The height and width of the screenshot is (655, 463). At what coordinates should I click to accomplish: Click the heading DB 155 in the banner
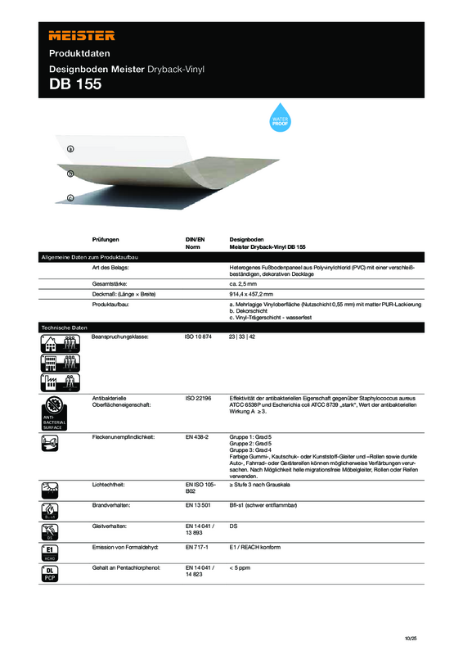pyautogui.click(x=76, y=84)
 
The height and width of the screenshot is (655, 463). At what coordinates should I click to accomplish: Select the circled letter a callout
pyautogui.click(x=70, y=149)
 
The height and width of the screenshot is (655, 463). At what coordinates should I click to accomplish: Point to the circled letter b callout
pyautogui.click(x=70, y=174)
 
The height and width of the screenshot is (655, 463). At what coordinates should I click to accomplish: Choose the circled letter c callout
pyautogui.click(x=70, y=197)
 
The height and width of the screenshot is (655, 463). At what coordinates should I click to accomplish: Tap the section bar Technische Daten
pyautogui.click(x=64, y=327)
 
